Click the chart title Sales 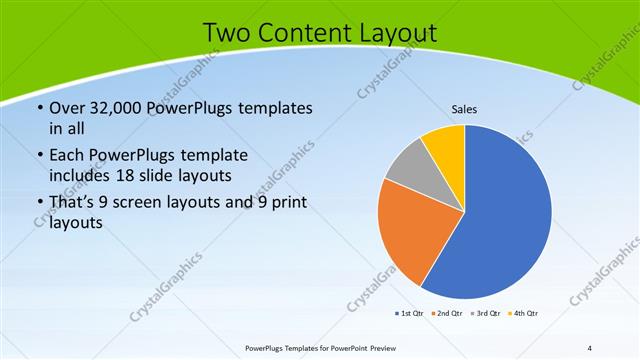(x=465, y=108)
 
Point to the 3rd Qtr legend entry (x=487, y=314)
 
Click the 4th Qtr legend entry (x=525, y=314)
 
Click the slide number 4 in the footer (x=590, y=347)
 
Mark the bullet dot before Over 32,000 (x=39, y=108)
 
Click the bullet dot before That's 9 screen (x=39, y=204)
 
